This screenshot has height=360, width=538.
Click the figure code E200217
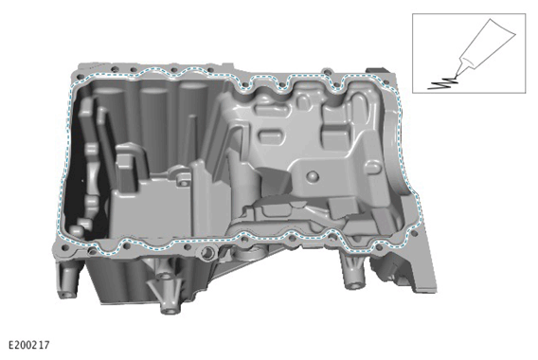coord(28,345)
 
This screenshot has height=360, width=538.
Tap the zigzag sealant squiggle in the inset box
coord(442,83)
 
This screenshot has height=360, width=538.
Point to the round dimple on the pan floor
coord(313,176)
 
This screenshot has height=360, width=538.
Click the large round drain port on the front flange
coord(207,253)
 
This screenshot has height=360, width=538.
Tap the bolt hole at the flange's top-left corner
coord(81,77)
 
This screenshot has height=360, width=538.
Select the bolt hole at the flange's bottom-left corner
coord(63,247)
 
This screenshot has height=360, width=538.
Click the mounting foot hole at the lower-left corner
coord(66,295)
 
